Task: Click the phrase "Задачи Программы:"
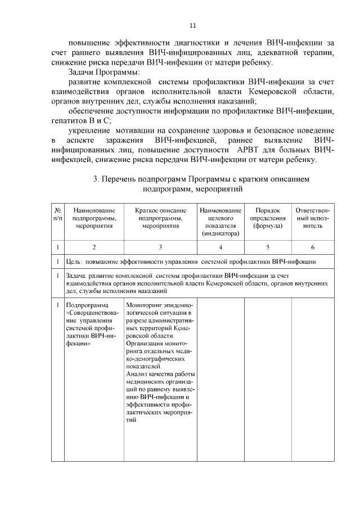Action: point(104,73)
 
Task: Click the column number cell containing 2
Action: point(94,247)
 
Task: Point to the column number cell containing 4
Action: point(220,247)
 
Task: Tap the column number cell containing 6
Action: point(312,247)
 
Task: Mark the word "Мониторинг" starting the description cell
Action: point(145,304)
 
